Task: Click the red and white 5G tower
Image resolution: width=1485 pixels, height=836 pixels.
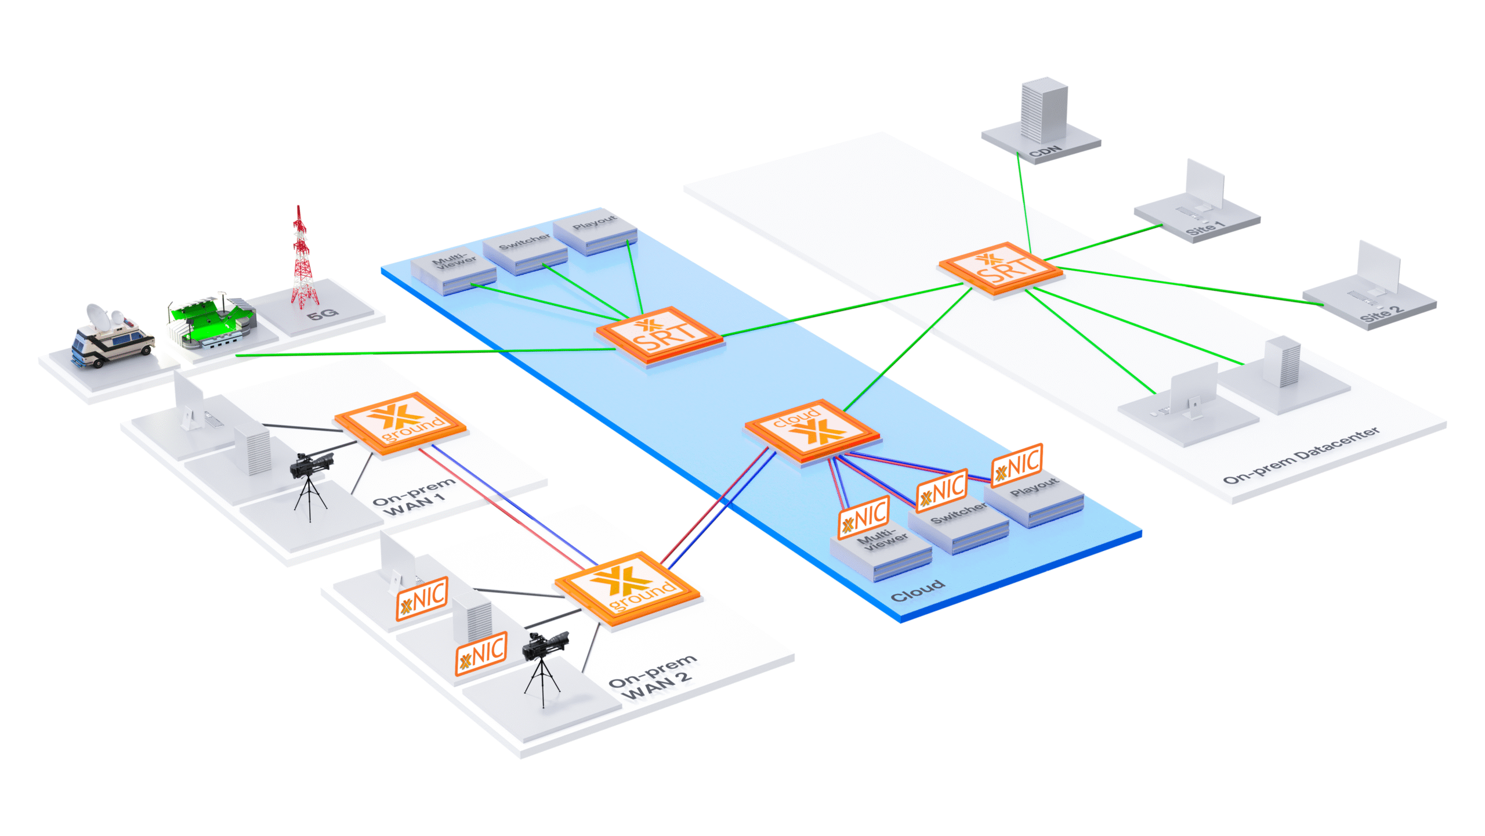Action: point(302,261)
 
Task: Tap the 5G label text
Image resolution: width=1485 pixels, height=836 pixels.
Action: point(323,315)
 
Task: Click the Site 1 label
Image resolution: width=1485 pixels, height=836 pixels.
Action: point(1204,228)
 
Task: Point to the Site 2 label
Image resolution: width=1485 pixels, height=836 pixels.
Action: point(1381,314)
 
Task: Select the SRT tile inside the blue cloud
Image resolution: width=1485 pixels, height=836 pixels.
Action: point(660,336)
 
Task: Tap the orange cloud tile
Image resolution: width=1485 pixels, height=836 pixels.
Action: point(812,430)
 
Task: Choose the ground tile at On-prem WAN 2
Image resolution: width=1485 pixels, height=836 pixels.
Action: point(627,588)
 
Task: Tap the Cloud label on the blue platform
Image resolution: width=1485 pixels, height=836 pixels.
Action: point(917,591)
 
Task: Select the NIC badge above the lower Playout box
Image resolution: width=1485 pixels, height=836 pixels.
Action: point(1016,464)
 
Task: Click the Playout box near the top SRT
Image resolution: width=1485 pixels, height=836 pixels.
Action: point(595,229)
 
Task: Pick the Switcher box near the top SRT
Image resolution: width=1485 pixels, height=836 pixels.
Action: point(525,250)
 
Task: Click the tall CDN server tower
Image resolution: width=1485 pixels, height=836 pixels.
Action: point(1044,110)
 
